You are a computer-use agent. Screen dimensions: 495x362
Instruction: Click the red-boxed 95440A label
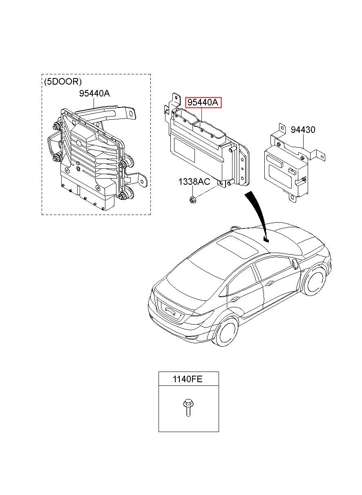click(x=203, y=103)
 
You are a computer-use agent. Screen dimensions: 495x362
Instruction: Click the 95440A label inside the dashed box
click(x=94, y=93)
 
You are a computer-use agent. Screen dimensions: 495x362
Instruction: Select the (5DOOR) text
click(x=63, y=81)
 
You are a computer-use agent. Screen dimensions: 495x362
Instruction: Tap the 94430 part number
click(x=303, y=130)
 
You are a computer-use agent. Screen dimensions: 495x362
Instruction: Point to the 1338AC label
click(x=194, y=181)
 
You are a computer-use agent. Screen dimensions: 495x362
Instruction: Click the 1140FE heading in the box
click(x=188, y=379)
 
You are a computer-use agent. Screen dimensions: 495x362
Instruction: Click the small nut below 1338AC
click(x=192, y=200)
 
